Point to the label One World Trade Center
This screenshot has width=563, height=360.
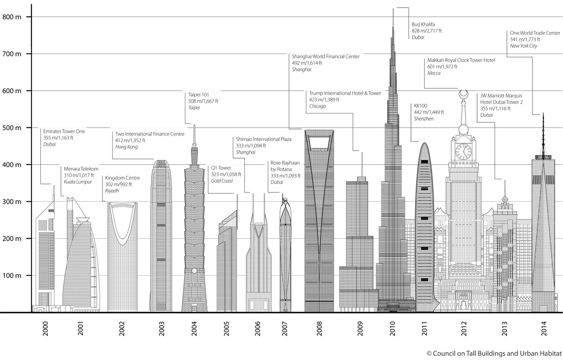pyautogui.click(x=535, y=33)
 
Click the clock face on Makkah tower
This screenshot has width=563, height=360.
pyautogui.click(x=463, y=152)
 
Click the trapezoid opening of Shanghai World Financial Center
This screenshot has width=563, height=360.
pyautogui.click(x=319, y=138)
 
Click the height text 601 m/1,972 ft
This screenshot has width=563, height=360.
pyautogui.click(x=442, y=67)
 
